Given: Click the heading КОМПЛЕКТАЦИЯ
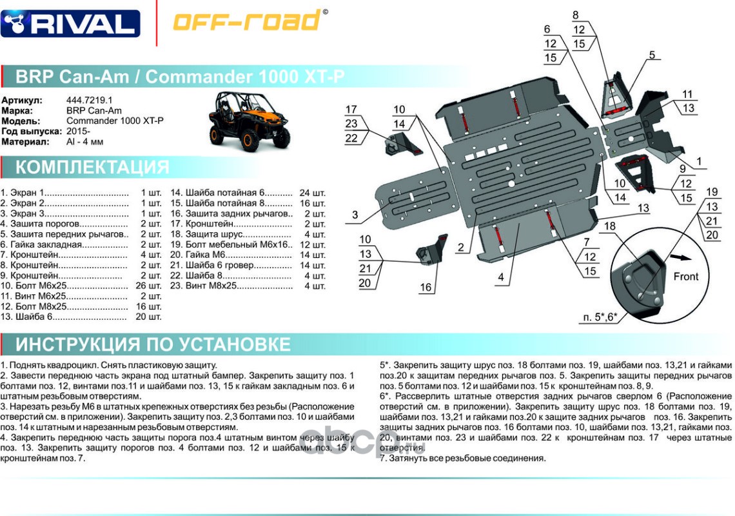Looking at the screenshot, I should coord(92,168).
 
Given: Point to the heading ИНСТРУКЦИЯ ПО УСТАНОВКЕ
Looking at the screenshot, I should coord(153,344).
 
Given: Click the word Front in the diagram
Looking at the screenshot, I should coord(685,277).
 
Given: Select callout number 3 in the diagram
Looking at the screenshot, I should coord(355,215).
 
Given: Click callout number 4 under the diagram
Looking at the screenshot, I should coord(500,278).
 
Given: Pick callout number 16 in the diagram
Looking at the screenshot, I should coord(426,288).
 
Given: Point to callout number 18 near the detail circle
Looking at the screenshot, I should coord(609,226).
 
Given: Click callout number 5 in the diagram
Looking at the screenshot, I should coord(652,55).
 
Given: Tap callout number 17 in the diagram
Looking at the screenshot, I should coord(351,110).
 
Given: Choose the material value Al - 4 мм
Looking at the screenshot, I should coord(84,142).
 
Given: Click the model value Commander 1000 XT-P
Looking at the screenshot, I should coord(115,121).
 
